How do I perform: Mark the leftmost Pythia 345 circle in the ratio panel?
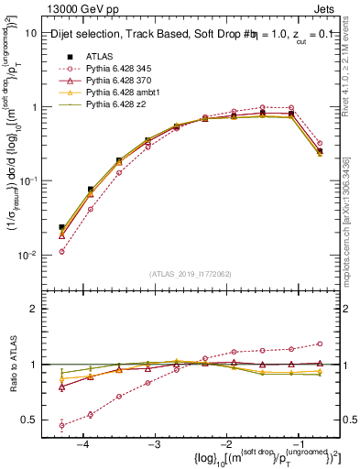pyautogui.click(x=61, y=425)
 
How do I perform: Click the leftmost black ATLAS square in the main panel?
pyautogui.click(x=61, y=227)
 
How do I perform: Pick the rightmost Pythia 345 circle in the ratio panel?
pyautogui.click(x=319, y=344)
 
